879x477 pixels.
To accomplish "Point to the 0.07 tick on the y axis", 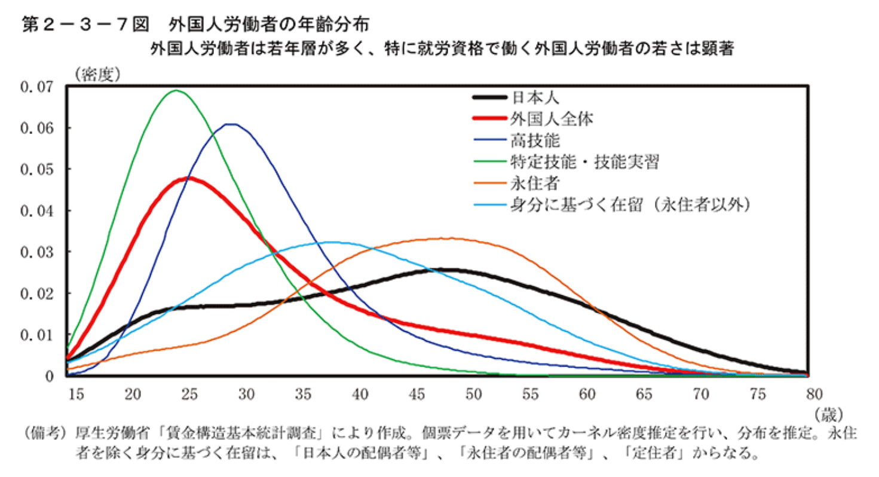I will click(36, 87).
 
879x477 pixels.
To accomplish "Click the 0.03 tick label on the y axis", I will click(36, 252).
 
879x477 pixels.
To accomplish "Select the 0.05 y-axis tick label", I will click(36, 170).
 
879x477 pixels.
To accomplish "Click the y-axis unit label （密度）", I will click(99, 74).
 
